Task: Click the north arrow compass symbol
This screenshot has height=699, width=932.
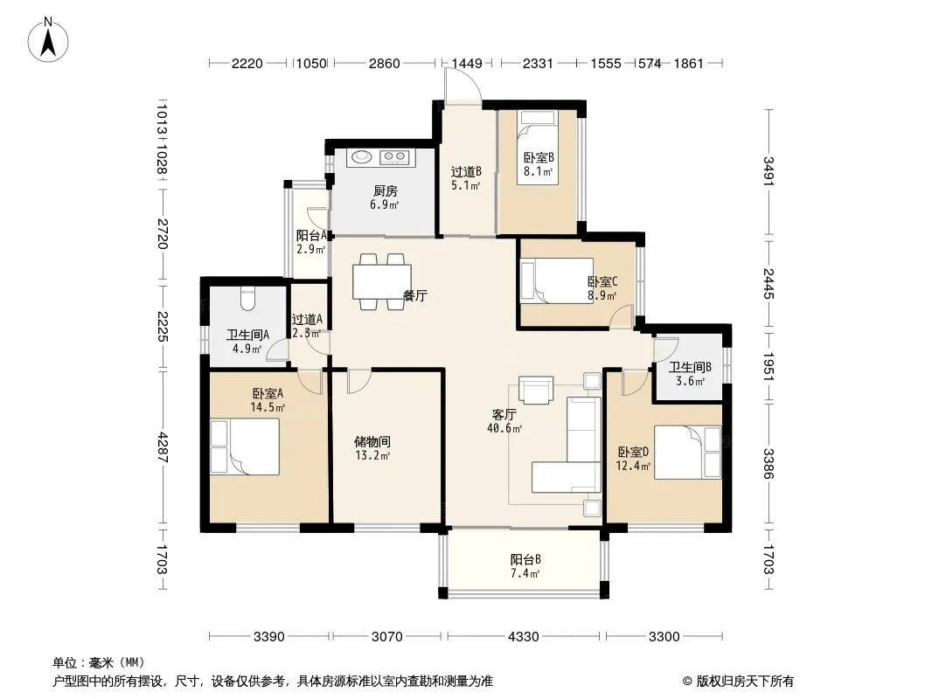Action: (x=48, y=40)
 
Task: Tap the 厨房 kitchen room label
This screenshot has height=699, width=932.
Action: (x=386, y=191)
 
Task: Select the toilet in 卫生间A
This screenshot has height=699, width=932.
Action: (x=247, y=298)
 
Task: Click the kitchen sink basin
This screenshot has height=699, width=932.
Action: (x=361, y=156)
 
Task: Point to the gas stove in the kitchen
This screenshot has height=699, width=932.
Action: (x=394, y=156)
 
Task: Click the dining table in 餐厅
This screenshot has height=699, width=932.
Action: (x=382, y=281)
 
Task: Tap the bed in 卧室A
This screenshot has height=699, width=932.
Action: (x=245, y=446)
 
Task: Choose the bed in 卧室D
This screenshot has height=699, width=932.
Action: (x=688, y=452)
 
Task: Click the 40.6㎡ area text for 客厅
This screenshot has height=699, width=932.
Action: (x=504, y=428)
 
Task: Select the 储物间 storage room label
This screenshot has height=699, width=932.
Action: (x=372, y=442)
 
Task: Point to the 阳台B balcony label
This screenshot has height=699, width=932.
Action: (x=525, y=559)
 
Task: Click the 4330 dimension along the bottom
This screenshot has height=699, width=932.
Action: (x=523, y=637)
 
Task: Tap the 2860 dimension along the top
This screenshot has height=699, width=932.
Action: (x=384, y=63)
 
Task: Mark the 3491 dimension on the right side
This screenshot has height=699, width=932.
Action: (x=769, y=171)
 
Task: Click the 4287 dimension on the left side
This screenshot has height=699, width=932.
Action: (x=163, y=447)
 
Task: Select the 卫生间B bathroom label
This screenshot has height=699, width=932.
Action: (x=690, y=368)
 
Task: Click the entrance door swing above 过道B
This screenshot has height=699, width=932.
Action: (x=463, y=87)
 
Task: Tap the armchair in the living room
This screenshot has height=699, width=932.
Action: (x=536, y=390)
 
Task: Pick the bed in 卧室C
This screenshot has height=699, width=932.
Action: (x=557, y=280)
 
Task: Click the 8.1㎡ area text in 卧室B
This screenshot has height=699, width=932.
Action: (x=538, y=171)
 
